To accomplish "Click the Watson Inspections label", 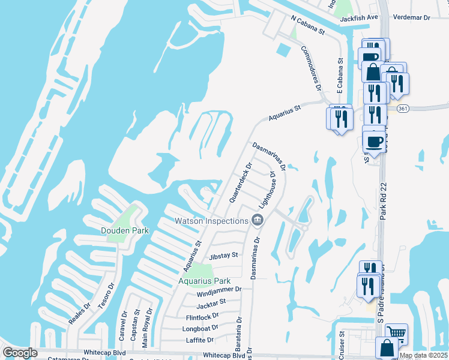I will [x=211, y=221].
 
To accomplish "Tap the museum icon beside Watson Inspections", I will [x=258, y=221].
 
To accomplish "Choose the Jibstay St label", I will [x=223, y=256].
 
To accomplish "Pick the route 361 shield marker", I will [x=403, y=108].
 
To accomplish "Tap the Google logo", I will [x=20, y=353].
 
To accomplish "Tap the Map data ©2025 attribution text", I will [x=423, y=355].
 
